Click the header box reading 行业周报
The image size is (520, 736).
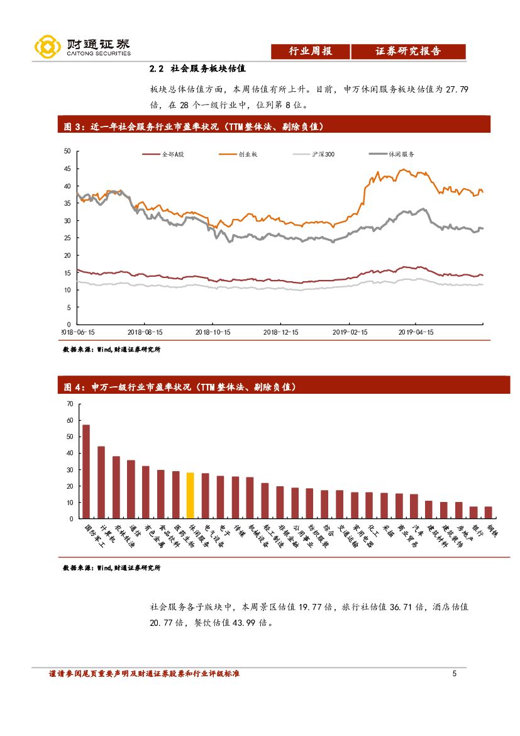310,52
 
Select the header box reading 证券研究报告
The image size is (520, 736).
408,52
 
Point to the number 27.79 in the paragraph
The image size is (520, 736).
456,89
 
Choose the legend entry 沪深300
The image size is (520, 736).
323,154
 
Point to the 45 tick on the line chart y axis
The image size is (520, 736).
67,169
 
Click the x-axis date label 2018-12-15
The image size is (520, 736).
280,332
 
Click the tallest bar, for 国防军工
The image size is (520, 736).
86,472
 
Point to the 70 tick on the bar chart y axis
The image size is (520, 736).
69,404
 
